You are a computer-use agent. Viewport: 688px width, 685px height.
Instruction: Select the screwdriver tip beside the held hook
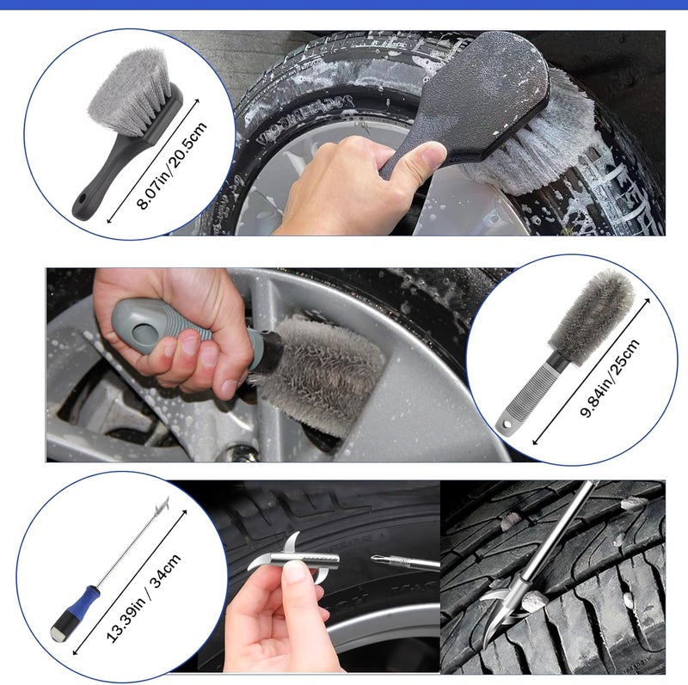pyautogui.click(x=387, y=560)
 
